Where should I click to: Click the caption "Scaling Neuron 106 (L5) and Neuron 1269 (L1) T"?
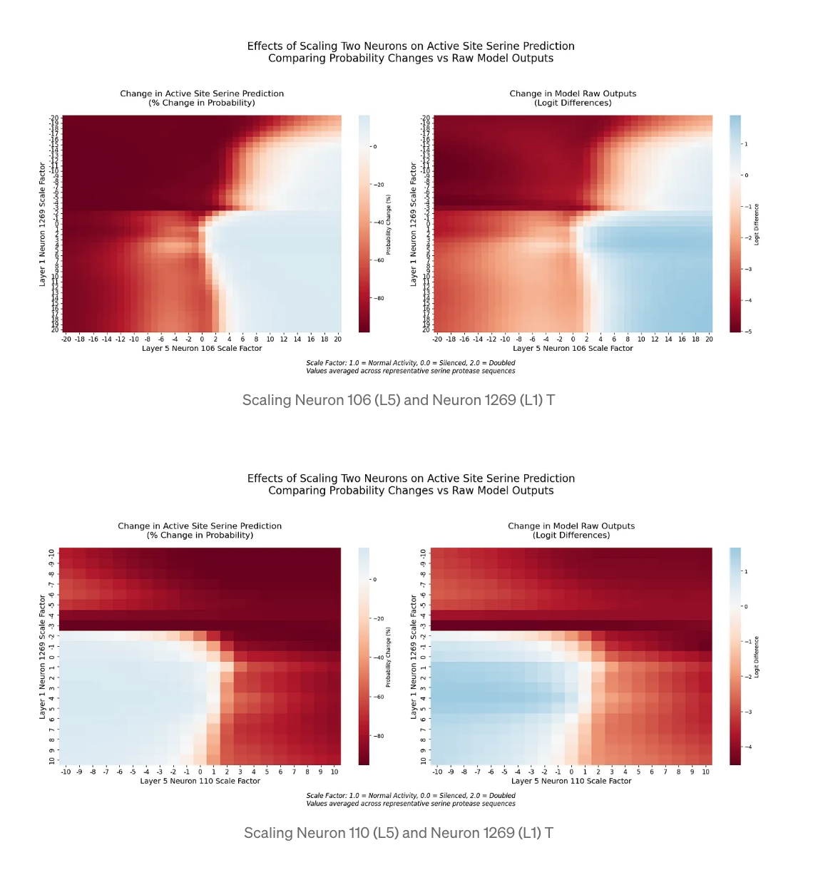(x=398, y=400)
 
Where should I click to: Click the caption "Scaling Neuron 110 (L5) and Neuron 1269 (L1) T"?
(x=398, y=833)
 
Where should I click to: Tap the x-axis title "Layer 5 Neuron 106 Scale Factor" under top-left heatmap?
(x=202, y=348)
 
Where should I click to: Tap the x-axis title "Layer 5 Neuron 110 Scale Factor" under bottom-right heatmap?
(x=571, y=781)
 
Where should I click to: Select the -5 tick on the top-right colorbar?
(x=748, y=332)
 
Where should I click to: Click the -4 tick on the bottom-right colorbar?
(x=748, y=747)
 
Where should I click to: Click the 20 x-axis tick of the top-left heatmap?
(x=337, y=339)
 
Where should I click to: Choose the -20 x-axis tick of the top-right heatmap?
(x=437, y=339)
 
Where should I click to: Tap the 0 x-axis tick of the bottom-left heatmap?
(x=200, y=772)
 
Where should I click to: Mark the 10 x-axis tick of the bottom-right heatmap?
(x=705, y=772)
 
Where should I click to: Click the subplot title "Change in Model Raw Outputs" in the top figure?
(x=573, y=93)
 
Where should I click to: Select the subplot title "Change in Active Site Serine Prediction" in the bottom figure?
(x=200, y=526)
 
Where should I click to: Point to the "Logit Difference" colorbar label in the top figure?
(x=757, y=224)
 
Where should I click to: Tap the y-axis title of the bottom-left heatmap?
(x=42, y=657)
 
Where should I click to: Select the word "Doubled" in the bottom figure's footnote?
(x=502, y=795)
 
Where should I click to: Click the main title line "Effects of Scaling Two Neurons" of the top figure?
(x=411, y=46)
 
